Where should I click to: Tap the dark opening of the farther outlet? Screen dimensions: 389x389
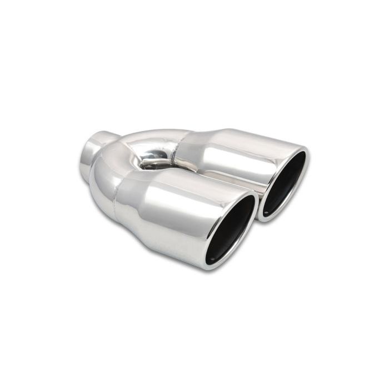(x=285, y=183)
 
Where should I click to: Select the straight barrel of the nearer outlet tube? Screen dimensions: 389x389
(x=178, y=217)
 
